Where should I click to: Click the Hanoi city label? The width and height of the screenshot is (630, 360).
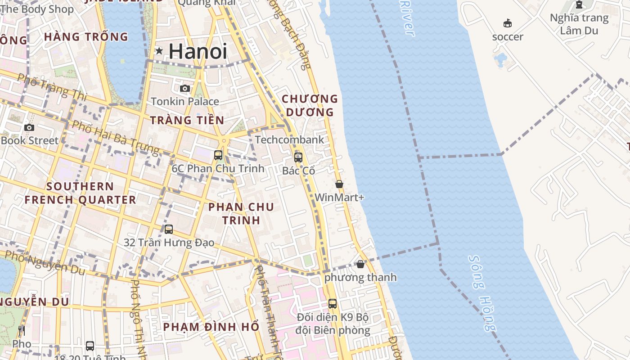pyautogui.click(x=198, y=51)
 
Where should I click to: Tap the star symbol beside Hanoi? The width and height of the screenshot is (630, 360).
pyautogui.click(x=159, y=51)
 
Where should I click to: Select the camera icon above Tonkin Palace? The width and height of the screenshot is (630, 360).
pyautogui.click(x=184, y=88)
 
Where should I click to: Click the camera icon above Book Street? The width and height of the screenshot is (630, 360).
pyautogui.click(x=29, y=127)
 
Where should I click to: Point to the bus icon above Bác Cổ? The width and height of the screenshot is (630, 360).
pyautogui.click(x=298, y=157)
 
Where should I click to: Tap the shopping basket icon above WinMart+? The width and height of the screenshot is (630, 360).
pyautogui.click(x=339, y=184)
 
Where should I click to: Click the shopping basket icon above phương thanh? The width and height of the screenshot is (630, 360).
pyautogui.click(x=360, y=264)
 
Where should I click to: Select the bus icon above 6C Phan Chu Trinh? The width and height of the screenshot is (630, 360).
pyautogui.click(x=218, y=155)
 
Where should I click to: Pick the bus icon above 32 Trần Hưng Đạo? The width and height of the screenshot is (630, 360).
pyautogui.click(x=169, y=229)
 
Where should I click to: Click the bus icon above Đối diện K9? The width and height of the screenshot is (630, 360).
pyautogui.click(x=333, y=304)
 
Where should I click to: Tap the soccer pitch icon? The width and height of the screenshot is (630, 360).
pyautogui.click(x=508, y=23)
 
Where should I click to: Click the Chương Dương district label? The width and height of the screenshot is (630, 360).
pyautogui.click(x=309, y=105)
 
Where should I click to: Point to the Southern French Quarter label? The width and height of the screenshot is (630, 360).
pyautogui.click(x=80, y=193)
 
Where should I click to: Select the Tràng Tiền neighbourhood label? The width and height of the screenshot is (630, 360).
pyautogui.click(x=187, y=120)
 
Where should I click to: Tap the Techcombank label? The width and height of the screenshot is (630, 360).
pyautogui.click(x=289, y=140)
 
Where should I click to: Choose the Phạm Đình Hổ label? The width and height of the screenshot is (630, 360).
pyautogui.click(x=211, y=327)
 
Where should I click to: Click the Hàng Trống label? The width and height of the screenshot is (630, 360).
pyautogui.click(x=86, y=37)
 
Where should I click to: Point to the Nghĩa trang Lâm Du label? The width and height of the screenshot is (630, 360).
pyautogui.click(x=579, y=24)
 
